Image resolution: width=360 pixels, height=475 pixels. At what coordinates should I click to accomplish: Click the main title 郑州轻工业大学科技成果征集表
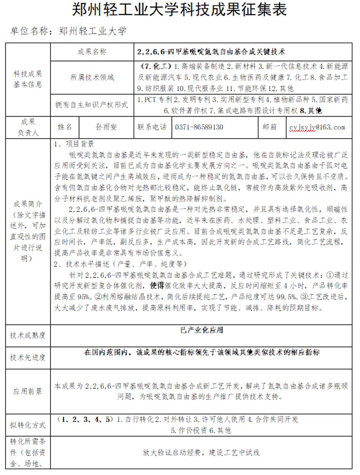click(x=179, y=10)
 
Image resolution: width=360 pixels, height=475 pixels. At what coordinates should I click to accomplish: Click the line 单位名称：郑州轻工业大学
click(x=68, y=31)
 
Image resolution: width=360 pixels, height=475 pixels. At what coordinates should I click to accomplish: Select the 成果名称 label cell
click(x=92, y=52)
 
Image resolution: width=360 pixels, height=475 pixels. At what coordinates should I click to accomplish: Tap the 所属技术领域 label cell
click(x=92, y=77)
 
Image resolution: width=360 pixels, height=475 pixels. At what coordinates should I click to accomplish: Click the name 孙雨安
click(x=106, y=127)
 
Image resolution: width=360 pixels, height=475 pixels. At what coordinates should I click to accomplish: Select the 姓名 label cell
click(x=65, y=127)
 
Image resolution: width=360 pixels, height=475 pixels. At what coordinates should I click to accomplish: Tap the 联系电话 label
click(x=152, y=127)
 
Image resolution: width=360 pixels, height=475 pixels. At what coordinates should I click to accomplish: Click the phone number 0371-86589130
click(x=199, y=127)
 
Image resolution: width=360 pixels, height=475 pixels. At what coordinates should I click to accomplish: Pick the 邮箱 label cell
click(x=270, y=127)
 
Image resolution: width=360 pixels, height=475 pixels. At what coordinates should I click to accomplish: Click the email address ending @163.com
click(x=317, y=127)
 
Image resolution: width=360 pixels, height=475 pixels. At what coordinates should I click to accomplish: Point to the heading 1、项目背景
click(x=74, y=144)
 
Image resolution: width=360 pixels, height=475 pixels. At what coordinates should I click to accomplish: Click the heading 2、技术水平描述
click(x=120, y=264)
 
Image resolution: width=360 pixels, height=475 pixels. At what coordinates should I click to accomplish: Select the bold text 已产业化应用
click(x=201, y=330)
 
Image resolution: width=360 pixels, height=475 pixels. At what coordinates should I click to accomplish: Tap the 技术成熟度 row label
click(x=28, y=336)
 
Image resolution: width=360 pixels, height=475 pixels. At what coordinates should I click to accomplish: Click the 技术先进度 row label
click(x=28, y=358)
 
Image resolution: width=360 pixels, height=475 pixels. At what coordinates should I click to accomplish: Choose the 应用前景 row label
click(x=28, y=391)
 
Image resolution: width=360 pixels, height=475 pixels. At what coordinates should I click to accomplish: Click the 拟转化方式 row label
click(x=28, y=425)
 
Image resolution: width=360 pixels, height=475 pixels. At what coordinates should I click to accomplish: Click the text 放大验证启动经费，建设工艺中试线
click(x=201, y=453)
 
